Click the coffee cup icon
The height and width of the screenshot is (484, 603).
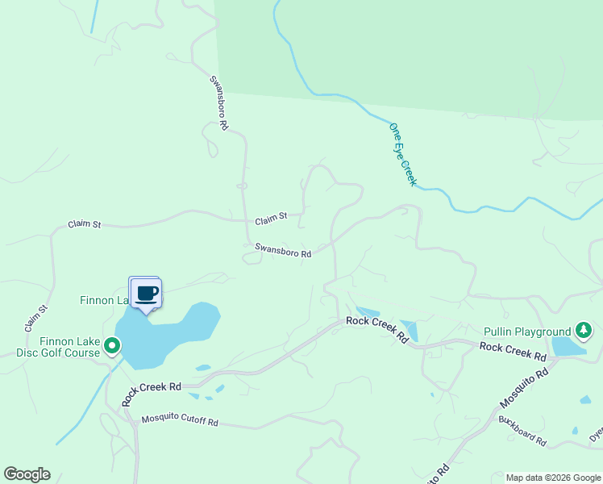(146, 293)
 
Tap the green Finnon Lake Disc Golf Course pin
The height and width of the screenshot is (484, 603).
(113, 347)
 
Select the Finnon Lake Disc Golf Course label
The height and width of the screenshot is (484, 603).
(59, 347)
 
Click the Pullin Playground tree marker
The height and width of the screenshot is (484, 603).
(584, 331)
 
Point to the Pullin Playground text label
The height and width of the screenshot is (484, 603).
(527, 332)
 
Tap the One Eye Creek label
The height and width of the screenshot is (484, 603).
(402, 154)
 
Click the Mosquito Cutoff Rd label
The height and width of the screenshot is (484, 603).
(180, 420)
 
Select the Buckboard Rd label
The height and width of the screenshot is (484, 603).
(522, 431)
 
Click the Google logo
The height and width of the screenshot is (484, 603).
(27, 474)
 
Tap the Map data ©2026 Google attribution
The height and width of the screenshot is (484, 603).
(552, 478)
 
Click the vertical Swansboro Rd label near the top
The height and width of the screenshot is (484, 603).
(219, 103)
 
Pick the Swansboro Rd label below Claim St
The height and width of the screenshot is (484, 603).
(283, 251)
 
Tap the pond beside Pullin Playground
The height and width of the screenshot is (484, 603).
(567, 347)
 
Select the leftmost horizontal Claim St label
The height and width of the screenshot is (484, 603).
(84, 224)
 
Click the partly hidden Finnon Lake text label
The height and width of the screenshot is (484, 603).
(103, 300)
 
